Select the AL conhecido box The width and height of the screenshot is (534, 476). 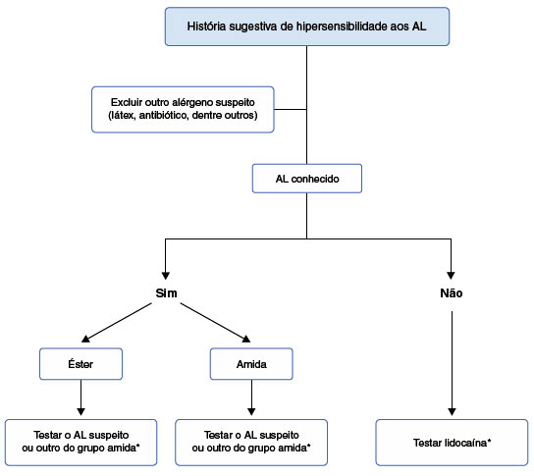pos(307,179)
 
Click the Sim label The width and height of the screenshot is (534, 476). pos(166,293)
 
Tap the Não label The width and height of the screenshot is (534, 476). pos(452,293)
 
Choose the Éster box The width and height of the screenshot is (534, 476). pos(80,364)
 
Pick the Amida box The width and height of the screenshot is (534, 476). pos(251,364)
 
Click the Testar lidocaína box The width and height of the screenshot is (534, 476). pos(452,443)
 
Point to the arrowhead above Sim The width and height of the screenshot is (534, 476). pos(166,276)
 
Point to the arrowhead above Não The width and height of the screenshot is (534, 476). pos(451,276)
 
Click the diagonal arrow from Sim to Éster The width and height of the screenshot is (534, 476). pos(117,323)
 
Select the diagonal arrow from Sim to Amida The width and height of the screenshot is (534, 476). pos(215,323)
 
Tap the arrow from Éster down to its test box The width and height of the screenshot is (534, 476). pos(80,397)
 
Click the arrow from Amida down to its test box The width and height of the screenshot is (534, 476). pos(251,397)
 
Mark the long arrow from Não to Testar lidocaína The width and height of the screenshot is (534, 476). pos(452,363)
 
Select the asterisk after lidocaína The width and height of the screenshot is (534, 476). pos(489,441)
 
